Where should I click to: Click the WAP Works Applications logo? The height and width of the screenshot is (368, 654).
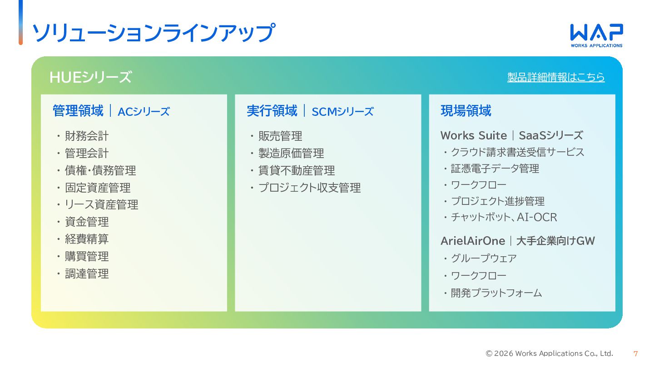596,35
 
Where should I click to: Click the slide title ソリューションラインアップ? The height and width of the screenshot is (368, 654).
154,33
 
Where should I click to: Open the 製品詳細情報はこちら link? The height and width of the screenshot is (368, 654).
556,77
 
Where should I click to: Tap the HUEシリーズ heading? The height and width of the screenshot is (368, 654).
90,77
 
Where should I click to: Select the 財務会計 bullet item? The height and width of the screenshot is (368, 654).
87,136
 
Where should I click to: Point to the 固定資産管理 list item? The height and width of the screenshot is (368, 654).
98,188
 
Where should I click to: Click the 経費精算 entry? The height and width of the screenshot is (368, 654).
87,239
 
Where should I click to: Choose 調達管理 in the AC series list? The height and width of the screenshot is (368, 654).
87,274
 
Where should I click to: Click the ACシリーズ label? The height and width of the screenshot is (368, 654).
144,112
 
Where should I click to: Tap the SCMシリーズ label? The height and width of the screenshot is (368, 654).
342,112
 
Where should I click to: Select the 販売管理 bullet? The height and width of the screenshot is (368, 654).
280,136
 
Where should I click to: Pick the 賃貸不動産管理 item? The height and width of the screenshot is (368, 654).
297,170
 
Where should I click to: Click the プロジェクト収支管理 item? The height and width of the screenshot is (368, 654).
309,188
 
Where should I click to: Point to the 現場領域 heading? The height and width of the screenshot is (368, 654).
466,111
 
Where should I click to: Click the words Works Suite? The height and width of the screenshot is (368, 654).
473,135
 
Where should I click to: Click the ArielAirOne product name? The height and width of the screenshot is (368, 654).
473,240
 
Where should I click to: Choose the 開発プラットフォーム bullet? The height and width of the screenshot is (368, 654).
496,293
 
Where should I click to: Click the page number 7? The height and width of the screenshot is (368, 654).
635,353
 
